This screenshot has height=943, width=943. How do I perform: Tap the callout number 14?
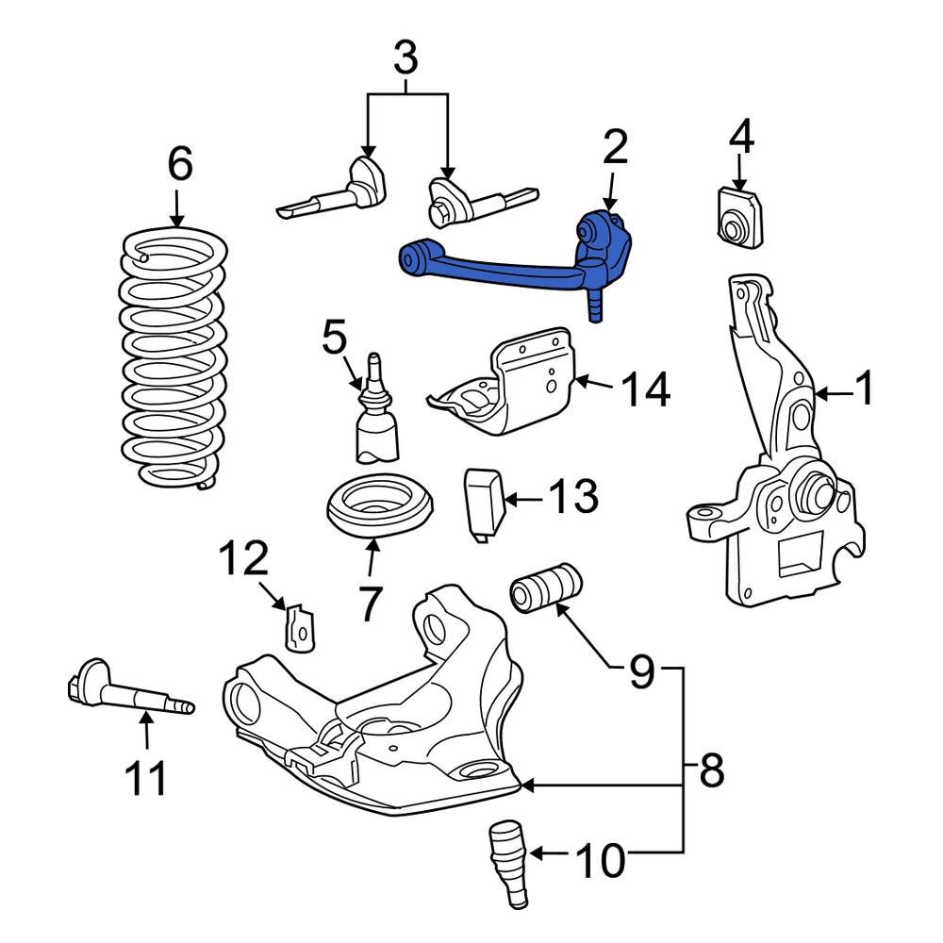tap(646, 389)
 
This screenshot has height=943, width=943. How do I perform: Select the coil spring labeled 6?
tap(174, 358)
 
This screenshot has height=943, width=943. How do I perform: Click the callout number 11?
tap(147, 779)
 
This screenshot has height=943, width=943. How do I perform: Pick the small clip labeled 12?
tap(301, 626)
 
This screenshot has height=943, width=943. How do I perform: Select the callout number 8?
tap(711, 771)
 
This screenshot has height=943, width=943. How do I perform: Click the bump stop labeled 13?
tap(482, 505)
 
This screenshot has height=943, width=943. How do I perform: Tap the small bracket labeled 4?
tap(738, 218)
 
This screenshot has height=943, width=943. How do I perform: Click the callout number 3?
tap(405, 58)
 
